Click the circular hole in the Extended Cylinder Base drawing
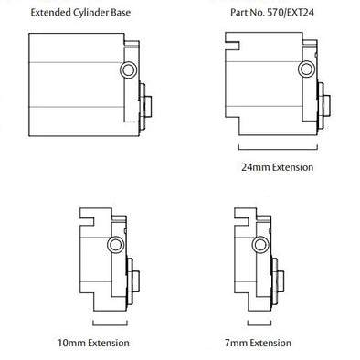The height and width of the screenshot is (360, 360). [126, 70]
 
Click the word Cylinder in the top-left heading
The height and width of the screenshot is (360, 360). [97, 14]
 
